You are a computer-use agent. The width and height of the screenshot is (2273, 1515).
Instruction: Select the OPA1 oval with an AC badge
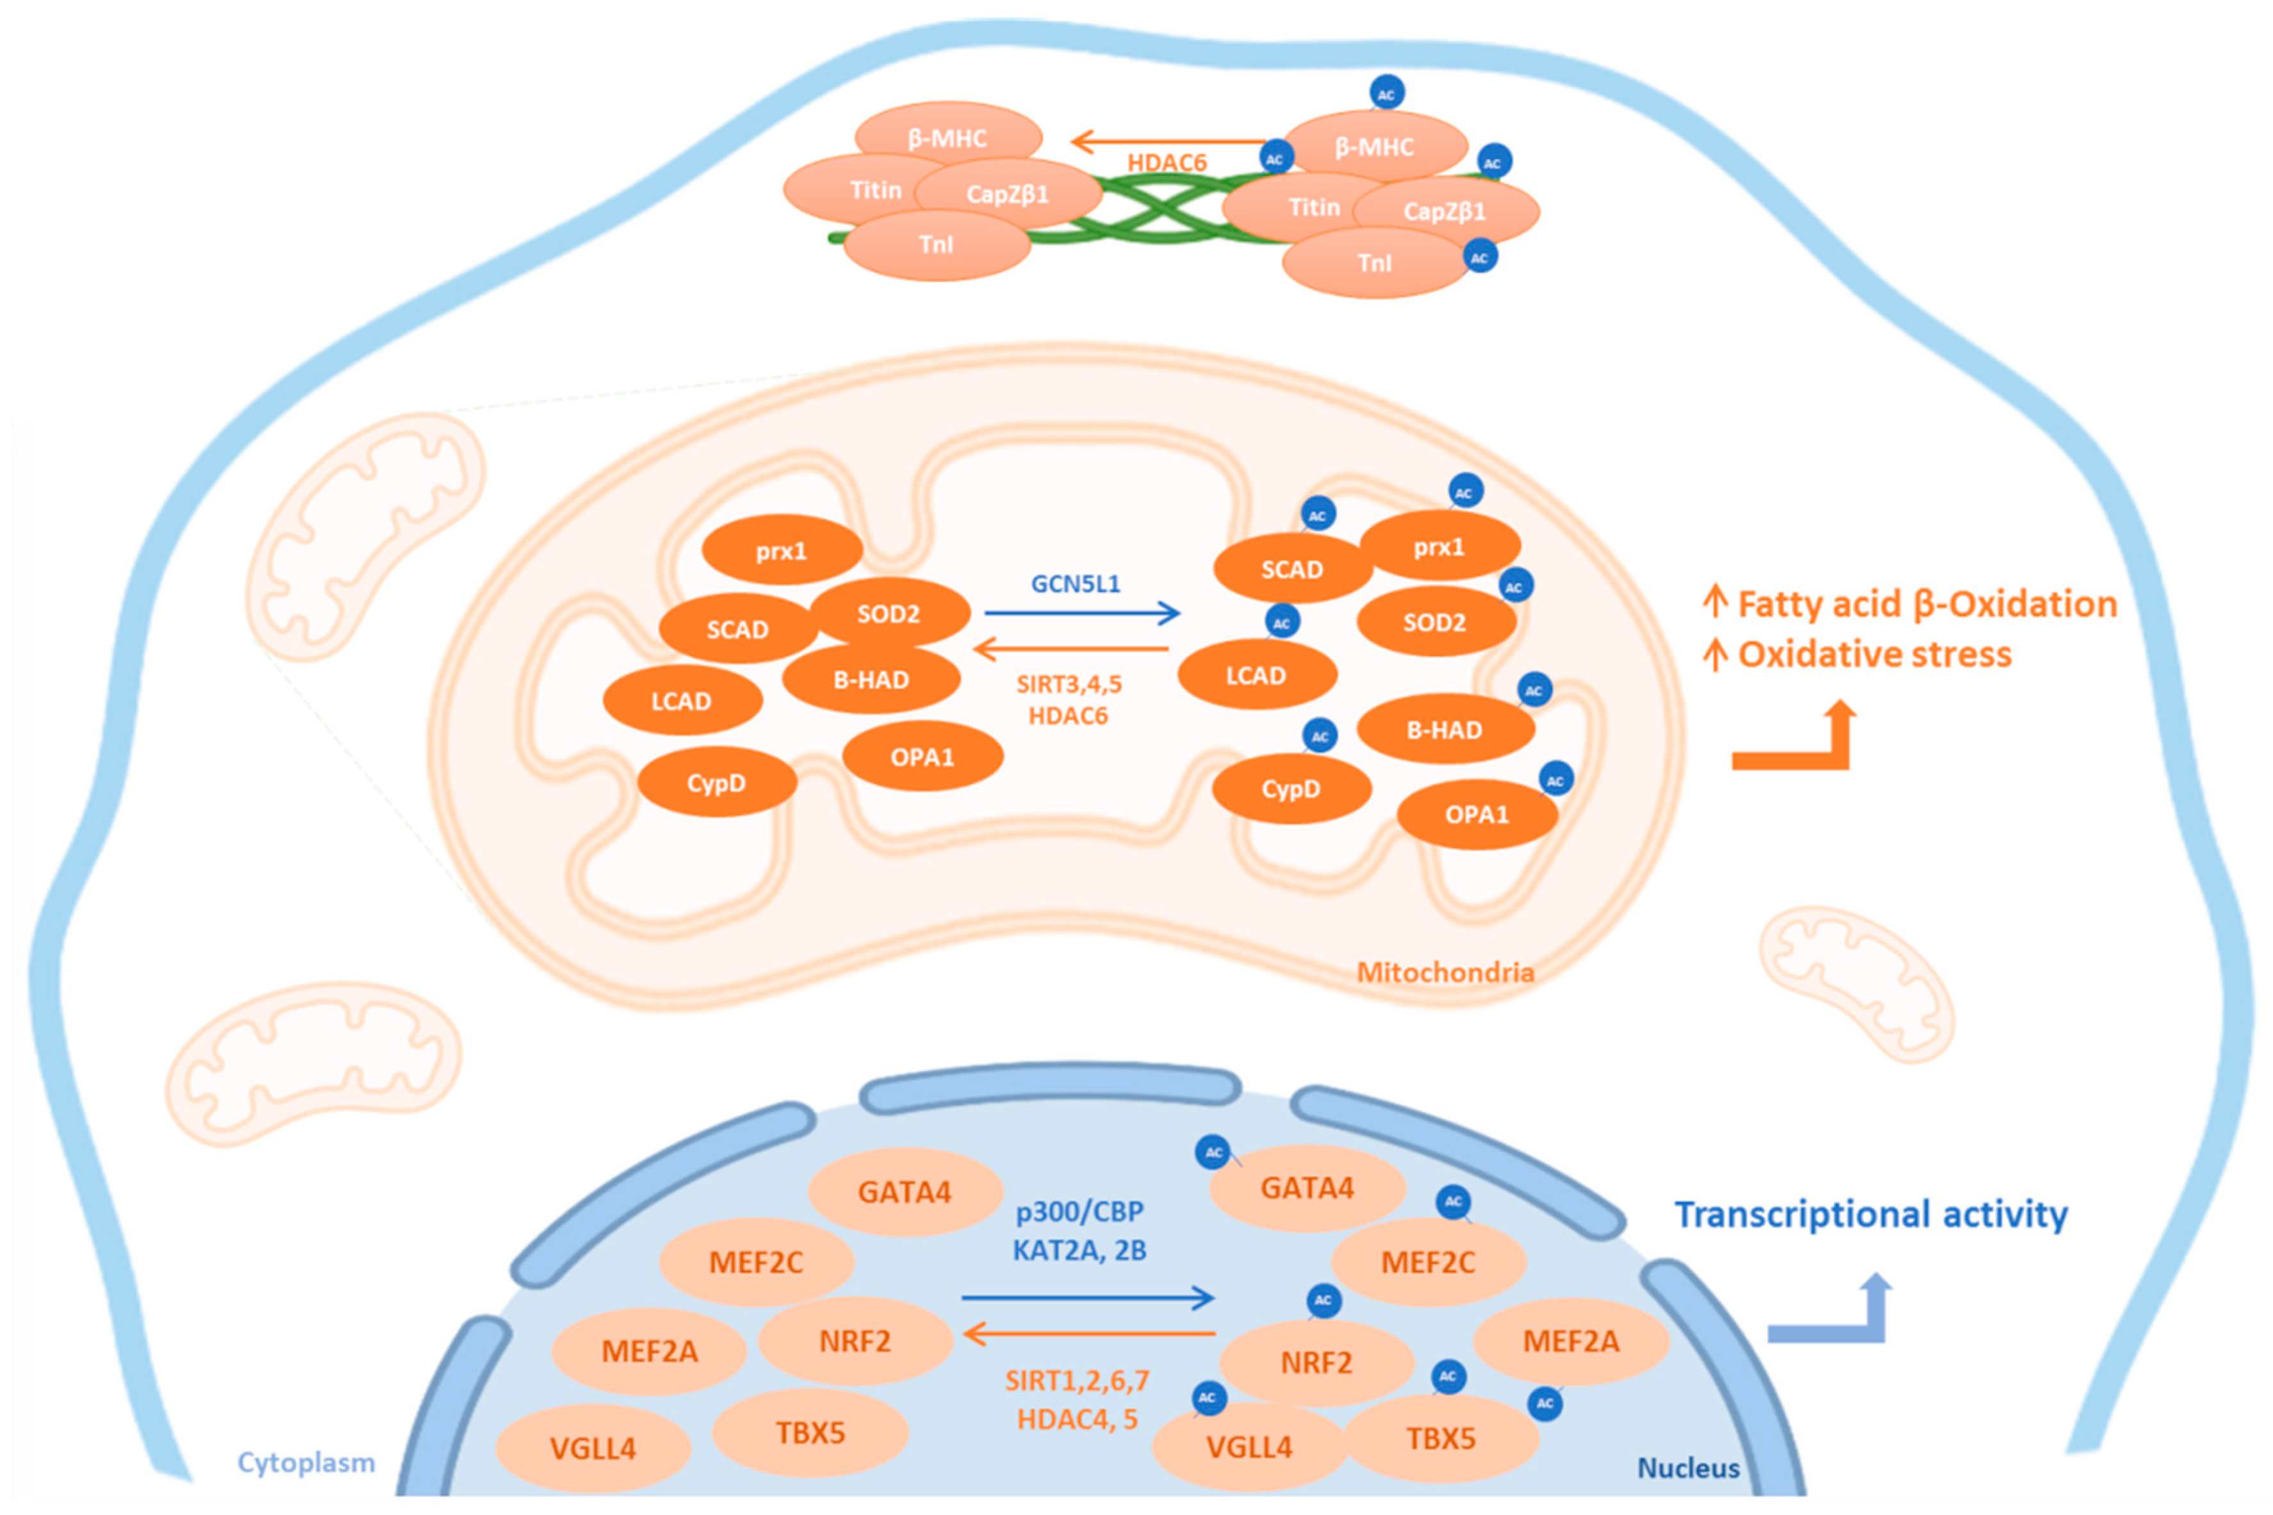click(1476, 814)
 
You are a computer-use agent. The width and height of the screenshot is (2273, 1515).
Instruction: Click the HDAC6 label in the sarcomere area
click(1166, 162)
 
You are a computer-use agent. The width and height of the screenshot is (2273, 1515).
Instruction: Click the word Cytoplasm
click(306, 1462)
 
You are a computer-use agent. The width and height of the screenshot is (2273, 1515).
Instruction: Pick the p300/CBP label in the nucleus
click(1079, 1211)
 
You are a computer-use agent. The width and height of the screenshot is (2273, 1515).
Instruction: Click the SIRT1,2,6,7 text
click(1076, 1380)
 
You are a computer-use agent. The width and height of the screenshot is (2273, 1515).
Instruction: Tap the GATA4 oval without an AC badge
click(904, 1192)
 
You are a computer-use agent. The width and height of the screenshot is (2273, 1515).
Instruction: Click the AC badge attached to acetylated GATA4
click(1213, 1152)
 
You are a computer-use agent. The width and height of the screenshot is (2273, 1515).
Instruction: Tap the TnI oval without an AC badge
click(935, 245)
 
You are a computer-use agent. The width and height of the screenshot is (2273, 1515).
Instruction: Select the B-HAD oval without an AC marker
click(871, 679)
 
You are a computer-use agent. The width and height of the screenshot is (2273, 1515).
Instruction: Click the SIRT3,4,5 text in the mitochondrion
click(1069, 685)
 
